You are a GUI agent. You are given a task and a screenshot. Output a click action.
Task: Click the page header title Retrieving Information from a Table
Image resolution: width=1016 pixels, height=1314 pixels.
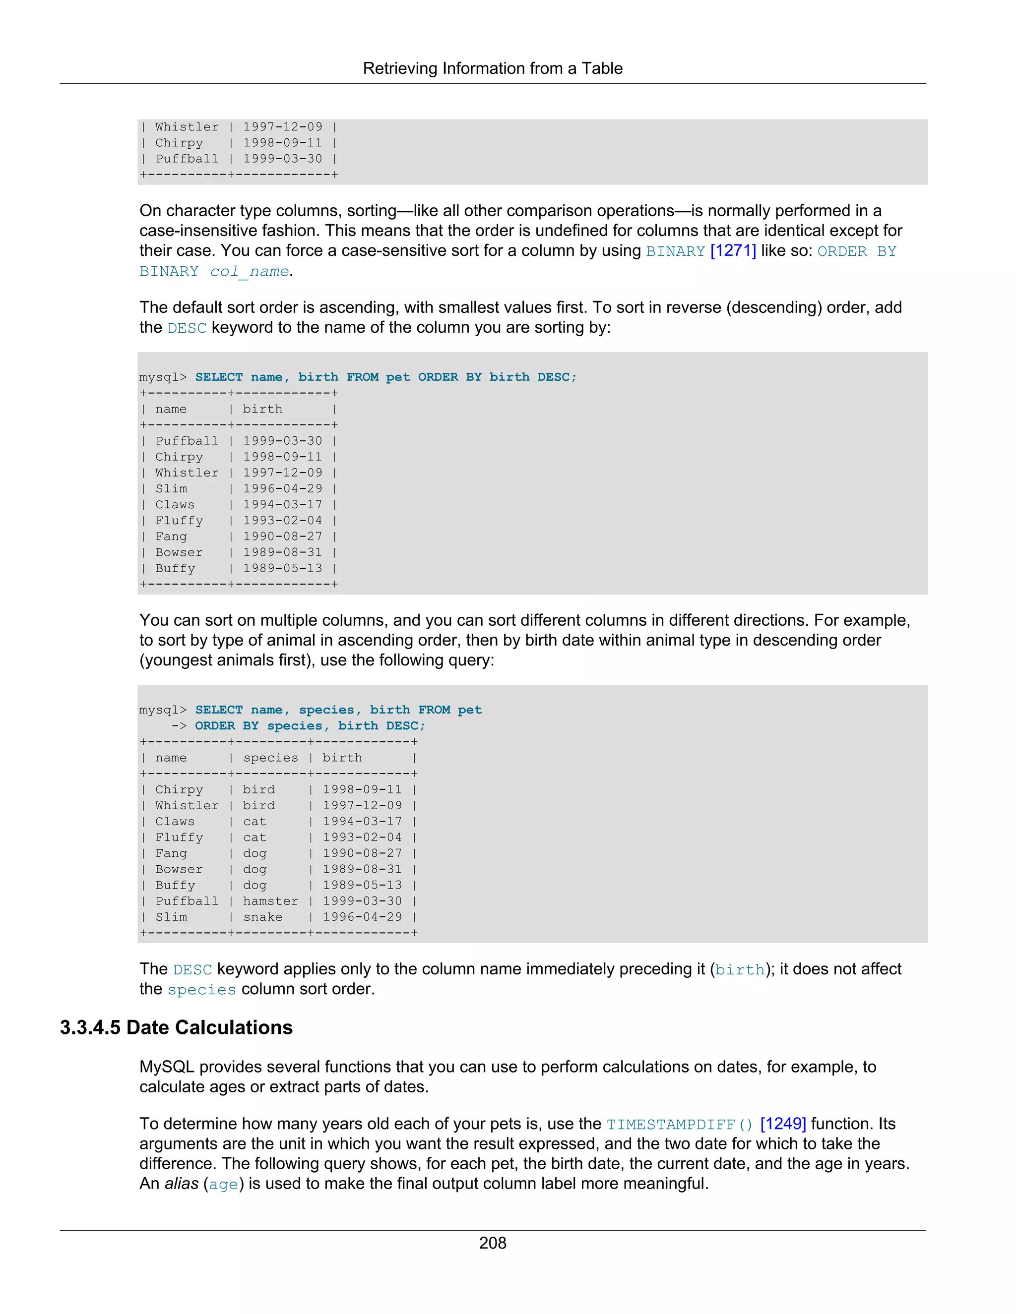coord(492,68)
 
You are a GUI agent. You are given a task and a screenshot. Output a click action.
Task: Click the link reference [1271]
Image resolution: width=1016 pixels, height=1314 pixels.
coord(733,251)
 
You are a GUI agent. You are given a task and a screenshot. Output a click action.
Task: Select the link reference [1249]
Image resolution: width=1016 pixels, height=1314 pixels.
coord(782,1124)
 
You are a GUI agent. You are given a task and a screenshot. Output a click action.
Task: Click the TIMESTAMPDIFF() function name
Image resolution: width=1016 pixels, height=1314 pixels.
coord(680,1125)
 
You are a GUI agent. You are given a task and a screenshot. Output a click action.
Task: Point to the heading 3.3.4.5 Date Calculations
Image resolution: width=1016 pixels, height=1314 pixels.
coord(176,1027)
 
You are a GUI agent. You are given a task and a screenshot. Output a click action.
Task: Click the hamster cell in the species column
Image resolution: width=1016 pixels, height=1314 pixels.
coord(270,900)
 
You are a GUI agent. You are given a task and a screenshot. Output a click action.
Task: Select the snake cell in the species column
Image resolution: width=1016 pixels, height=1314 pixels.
coord(262,917)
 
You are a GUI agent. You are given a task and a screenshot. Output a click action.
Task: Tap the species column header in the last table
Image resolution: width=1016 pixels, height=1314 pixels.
coord(270,758)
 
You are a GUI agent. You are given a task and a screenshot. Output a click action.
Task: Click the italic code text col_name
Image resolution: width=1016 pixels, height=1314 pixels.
coord(249,271)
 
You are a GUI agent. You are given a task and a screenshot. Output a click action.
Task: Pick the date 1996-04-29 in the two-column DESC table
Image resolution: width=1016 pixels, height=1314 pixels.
coord(282,488)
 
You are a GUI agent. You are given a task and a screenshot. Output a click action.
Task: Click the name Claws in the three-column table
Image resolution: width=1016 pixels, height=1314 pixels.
coord(175,821)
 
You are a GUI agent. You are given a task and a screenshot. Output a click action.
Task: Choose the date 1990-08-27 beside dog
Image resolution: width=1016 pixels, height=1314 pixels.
coord(362,853)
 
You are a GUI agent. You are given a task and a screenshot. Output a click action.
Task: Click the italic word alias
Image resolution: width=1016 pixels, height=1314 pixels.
coord(181,1184)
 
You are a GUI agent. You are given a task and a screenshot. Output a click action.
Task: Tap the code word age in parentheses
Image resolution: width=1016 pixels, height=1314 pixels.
coord(223,1184)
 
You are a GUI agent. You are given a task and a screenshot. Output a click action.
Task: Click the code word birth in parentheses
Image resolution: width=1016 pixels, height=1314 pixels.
coord(740,970)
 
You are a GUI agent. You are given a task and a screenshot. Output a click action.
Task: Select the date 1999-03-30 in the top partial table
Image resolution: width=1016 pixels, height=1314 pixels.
coord(282,159)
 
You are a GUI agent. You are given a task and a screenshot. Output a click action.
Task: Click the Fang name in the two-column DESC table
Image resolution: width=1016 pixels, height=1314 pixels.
coord(171,536)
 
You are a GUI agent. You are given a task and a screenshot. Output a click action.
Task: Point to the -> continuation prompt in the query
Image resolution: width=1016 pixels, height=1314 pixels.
coord(179,725)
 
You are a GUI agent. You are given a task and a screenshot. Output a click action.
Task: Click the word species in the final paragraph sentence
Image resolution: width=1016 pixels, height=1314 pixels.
coord(201,990)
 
